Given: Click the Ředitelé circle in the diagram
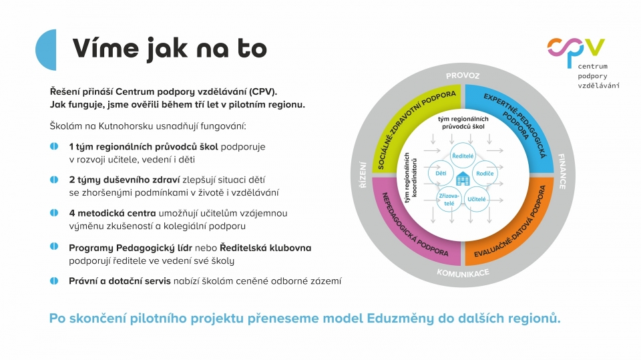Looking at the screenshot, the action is [463, 156].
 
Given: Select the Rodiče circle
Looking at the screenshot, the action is [485, 174].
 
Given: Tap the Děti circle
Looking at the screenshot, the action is [441, 174].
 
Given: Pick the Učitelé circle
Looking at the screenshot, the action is [477, 199].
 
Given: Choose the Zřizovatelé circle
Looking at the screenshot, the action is [449, 199].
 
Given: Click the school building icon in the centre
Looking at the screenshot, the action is [463, 179].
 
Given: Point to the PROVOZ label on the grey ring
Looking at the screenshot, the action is [463, 75].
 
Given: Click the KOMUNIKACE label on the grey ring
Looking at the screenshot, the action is [463, 273].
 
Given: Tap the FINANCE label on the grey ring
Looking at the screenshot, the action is [562, 172].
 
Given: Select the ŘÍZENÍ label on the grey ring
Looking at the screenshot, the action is [363, 175].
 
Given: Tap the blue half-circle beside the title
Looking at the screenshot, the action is [47, 50].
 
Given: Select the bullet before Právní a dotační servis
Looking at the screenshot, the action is [54, 281].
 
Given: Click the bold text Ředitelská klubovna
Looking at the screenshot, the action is [265, 248].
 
